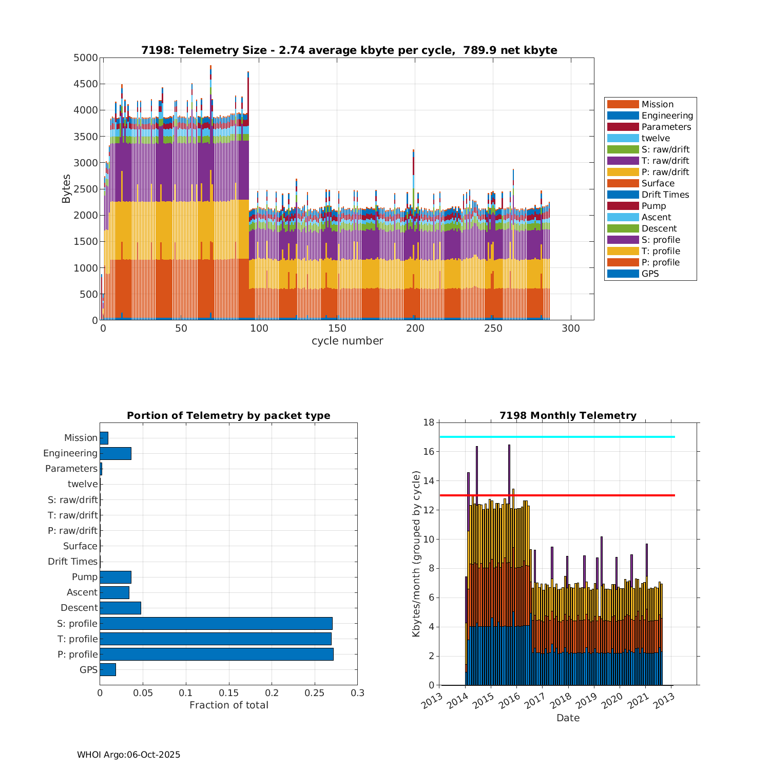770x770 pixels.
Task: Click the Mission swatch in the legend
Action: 623,104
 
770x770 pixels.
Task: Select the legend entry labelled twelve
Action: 656,138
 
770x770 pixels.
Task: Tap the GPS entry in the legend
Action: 650,274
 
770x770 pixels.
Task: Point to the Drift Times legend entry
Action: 665,195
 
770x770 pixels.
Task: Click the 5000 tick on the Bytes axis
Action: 86,58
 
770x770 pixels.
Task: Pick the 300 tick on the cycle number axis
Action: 571,329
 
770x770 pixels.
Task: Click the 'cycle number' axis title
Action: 347,341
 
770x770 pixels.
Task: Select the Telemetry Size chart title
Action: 349,50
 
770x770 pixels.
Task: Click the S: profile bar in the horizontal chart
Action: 216,623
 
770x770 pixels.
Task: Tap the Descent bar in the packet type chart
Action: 120,608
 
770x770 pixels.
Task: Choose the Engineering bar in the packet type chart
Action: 115,453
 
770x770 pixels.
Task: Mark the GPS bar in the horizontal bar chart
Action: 108,669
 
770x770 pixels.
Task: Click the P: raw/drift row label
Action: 72,531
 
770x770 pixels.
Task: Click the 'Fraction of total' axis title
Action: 229,705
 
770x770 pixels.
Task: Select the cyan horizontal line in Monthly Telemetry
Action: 557,437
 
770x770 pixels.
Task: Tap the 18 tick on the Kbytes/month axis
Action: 428,422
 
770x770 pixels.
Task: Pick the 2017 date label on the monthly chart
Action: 535,700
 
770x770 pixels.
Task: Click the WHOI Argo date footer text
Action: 128,755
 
